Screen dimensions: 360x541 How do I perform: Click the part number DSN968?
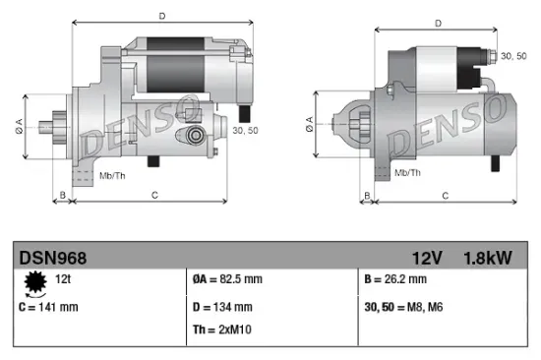coord(53,258)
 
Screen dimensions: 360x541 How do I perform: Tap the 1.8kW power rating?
coord(487,258)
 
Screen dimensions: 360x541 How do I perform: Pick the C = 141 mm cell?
coord(49,306)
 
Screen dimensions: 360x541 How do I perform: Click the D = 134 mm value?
coord(223,307)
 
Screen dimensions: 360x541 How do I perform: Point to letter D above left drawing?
coord(162,15)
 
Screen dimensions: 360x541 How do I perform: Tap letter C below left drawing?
coord(155,196)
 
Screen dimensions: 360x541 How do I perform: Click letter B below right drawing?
coord(366,196)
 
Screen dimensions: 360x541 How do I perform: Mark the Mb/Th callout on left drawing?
coord(110,175)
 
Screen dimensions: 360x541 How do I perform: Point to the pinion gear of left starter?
coord(52,129)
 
